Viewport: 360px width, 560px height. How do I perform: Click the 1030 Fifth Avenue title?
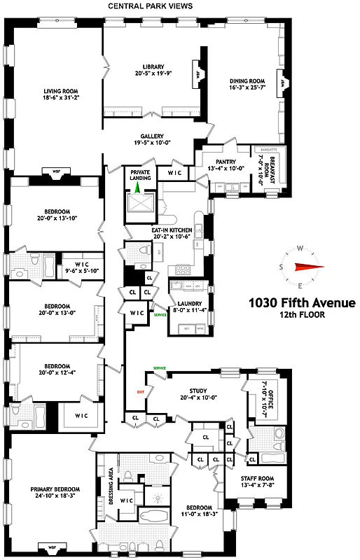(303, 303)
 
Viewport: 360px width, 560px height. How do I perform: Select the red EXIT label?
(141, 392)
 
